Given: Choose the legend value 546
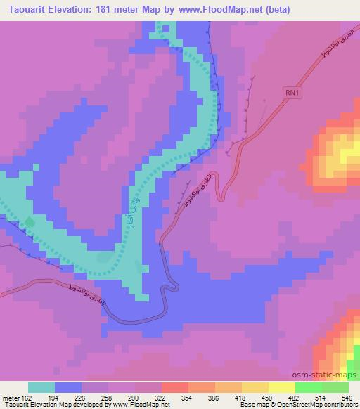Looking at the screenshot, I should (x=346, y=397).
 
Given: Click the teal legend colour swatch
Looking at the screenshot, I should (x=41, y=387).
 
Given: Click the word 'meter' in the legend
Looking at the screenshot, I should (x=10, y=397).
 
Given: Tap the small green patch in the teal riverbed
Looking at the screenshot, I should (x=29, y=223).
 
